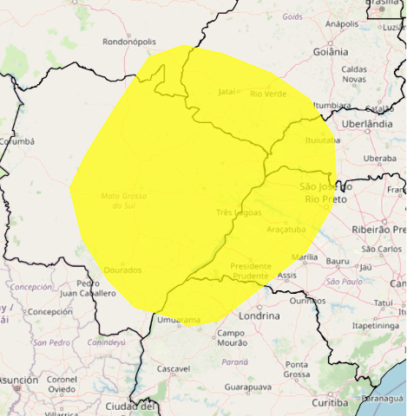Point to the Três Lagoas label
[237, 211]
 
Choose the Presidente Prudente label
[251, 270]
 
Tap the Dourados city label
[122, 270]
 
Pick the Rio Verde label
[268, 93]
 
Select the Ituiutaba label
[322, 139]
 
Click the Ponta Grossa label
[297, 369]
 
